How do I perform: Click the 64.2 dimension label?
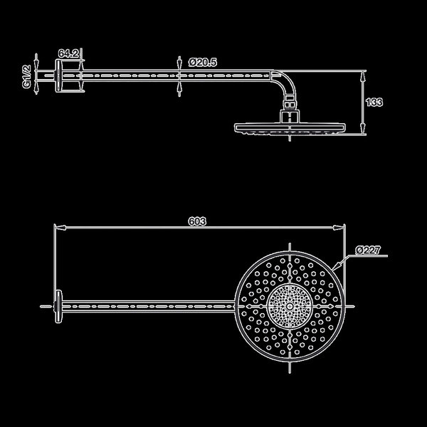point(68,53)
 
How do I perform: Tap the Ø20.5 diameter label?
point(203,63)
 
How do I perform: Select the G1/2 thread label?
point(26,76)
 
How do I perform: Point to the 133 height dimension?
point(374,102)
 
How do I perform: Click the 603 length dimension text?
point(197,221)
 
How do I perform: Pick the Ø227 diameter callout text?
point(368,250)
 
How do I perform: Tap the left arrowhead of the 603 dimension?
point(60,228)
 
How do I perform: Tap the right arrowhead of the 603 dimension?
point(339,228)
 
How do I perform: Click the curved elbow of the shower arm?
point(287,82)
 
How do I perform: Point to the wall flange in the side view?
point(58,76)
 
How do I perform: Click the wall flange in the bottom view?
point(58,307)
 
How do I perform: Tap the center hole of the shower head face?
point(290,307)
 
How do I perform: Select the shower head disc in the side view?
point(290,128)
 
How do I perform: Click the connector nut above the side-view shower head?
point(290,116)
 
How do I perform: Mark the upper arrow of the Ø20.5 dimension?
point(179,63)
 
